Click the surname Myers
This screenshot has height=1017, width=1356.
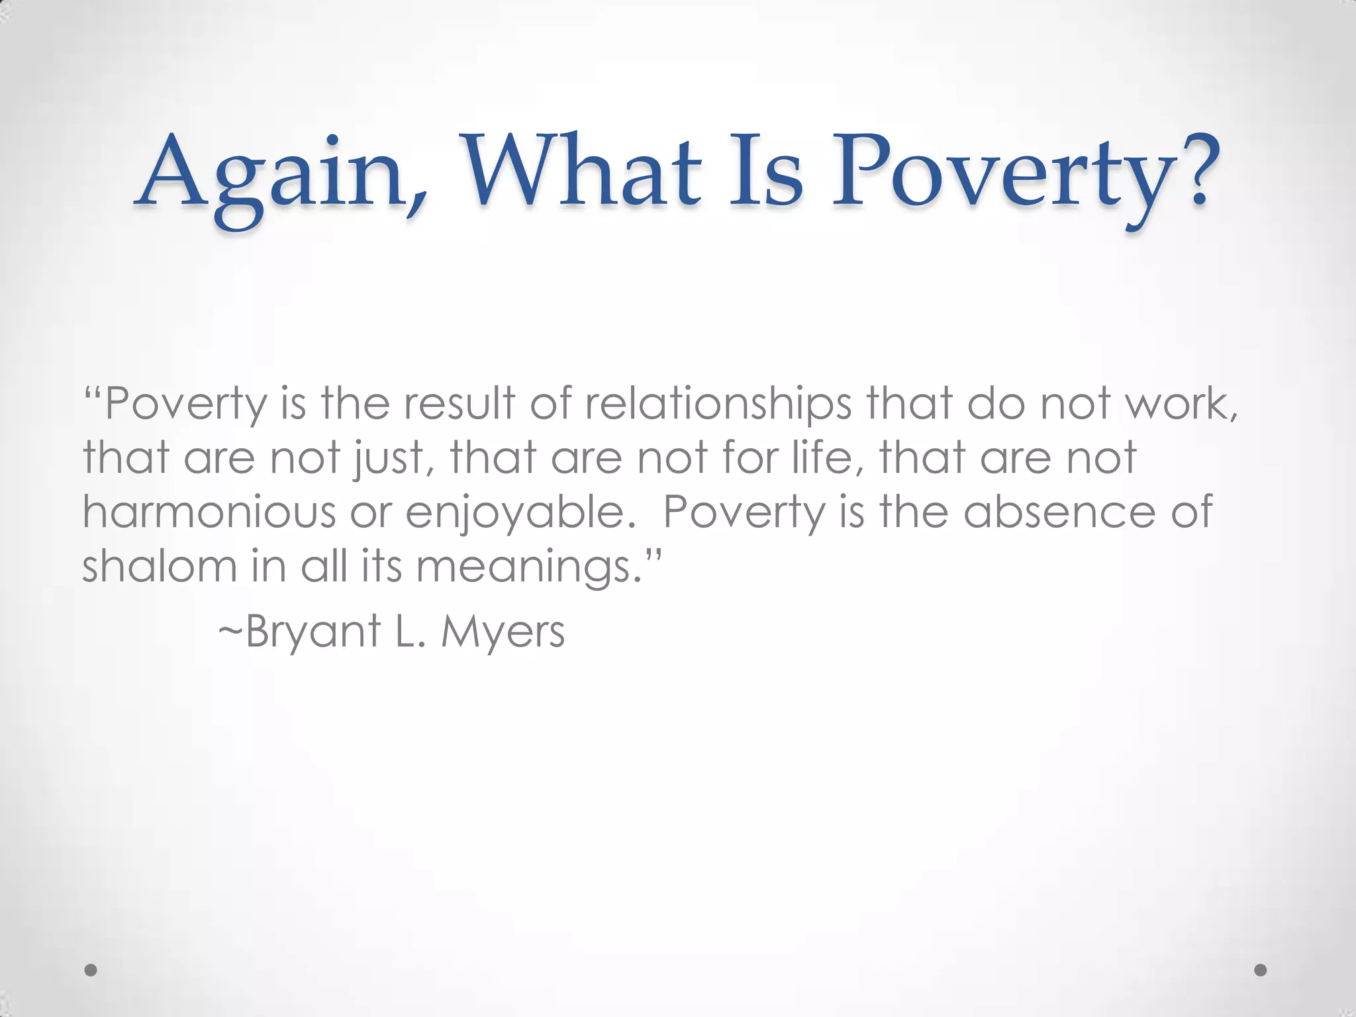point(503,632)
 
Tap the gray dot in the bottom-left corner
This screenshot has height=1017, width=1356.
point(91,970)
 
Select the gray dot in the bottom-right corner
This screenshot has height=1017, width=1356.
point(1260,970)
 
